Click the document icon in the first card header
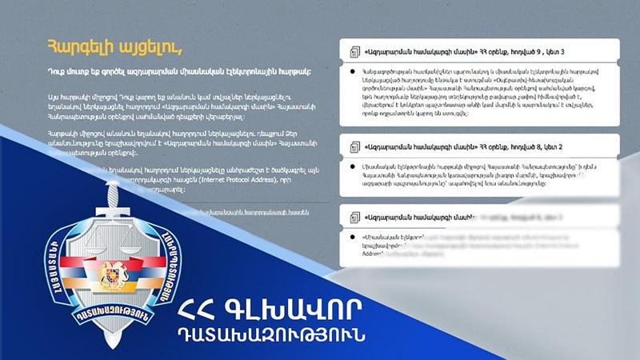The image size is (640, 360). tap(354, 52)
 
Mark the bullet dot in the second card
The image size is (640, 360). tap(353, 165)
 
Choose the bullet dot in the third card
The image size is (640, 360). tap(353, 236)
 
